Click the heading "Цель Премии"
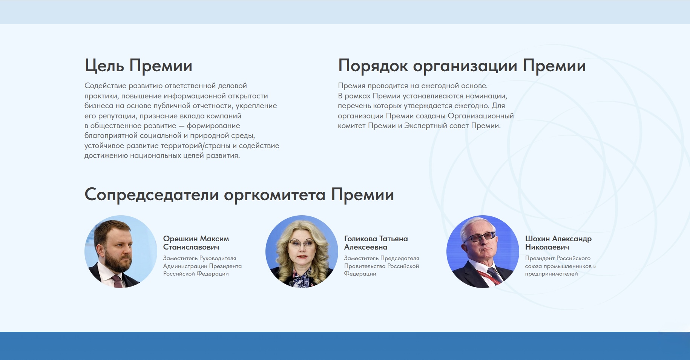tap(138, 66)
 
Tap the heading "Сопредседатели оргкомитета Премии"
tap(239, 195)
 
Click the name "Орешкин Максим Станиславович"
tap(196, 243)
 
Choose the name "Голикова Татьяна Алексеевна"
tap(376, 243)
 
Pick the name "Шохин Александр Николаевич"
tap(558, 243)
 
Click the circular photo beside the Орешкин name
tap(121, 251)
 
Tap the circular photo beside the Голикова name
tap(302, 251)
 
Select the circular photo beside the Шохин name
tap(483, 251)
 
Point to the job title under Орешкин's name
tap(202, 266)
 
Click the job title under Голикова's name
tap(382, 266)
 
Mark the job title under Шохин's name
tap(561, 266)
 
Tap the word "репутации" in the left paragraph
tap(116, 116)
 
